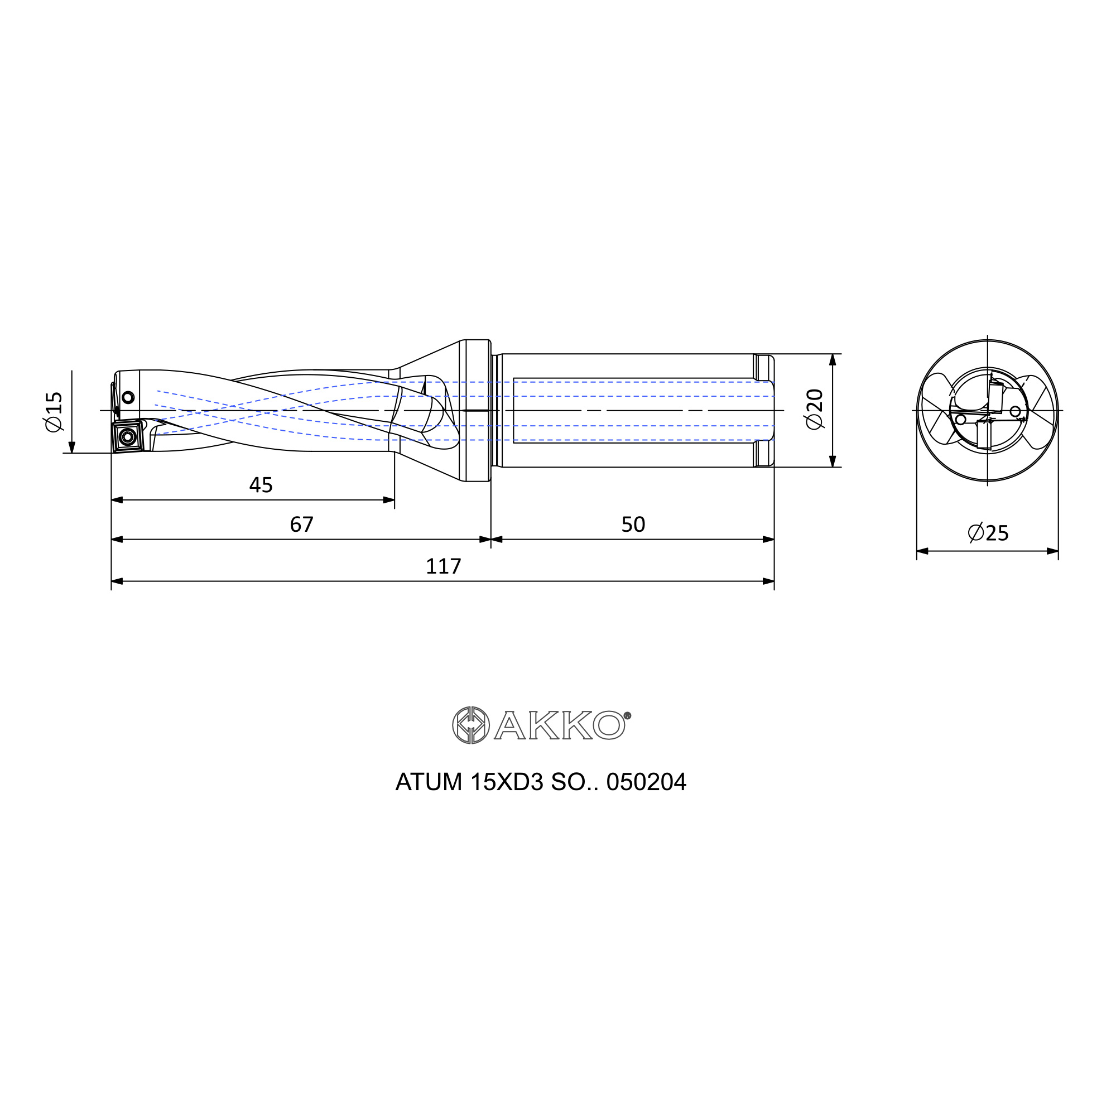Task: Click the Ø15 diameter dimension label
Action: click(x=54, y=411)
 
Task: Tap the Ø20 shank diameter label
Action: click(x=814, y=409)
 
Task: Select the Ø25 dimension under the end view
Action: click(x=988, y=532)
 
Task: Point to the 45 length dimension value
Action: click(x=261, y=485)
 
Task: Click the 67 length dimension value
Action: click(x=301, y=525)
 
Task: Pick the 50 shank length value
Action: click(x=633, y=525)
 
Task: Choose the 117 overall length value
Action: click(x=443, y=566)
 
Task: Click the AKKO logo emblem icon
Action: click(x=471, y=725)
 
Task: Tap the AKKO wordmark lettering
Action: click(x=559, y=725)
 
